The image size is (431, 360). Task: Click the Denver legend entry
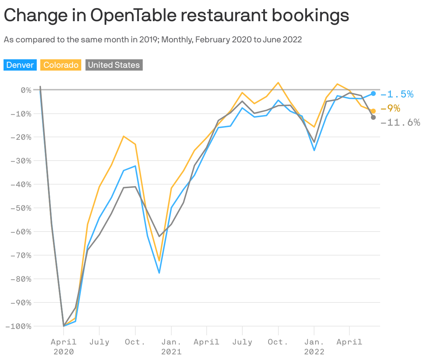coord(20,65)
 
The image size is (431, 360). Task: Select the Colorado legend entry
coord(61,65)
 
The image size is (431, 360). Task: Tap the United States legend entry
coord(114,65)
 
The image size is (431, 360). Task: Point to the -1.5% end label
coord(397,94)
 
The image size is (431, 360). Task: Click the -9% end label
coord(390,108)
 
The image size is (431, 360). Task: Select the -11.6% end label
coord(400,122)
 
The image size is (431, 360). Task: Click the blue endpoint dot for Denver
coord(373,94)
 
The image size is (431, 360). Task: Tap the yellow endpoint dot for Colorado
coord(373,111)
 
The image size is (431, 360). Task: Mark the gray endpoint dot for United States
coord(373,117)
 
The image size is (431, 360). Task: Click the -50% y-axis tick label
coord(21,208)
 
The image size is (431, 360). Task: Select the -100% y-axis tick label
coord(18,326)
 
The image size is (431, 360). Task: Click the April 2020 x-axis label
coord(64,347)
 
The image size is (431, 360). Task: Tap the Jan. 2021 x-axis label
coord(171,347)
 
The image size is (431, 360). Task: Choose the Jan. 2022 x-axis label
coord(314,347)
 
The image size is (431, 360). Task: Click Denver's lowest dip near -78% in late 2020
coord(159,273)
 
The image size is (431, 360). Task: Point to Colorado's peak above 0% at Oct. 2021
coord(278,83)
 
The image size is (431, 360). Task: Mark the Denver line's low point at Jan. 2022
coord(314,150)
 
